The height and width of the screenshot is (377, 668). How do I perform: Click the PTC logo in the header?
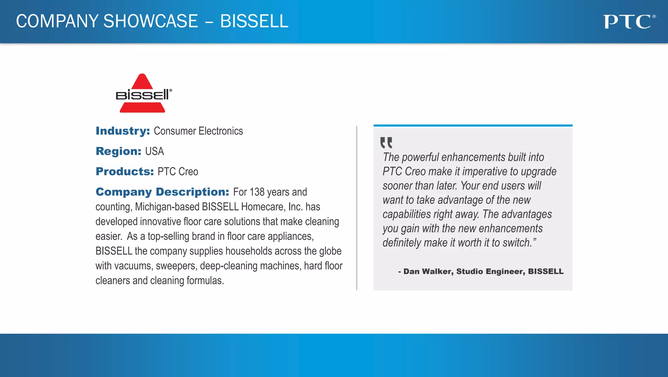629,22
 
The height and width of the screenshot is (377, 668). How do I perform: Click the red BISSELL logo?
143,94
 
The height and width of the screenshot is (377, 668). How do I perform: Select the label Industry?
123,131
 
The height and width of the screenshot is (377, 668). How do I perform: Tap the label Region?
118,151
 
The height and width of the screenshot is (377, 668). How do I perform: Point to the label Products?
125,171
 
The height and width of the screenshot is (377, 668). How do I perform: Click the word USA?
155,151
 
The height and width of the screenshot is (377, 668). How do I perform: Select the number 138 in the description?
257,192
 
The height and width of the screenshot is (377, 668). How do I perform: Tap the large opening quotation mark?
386,143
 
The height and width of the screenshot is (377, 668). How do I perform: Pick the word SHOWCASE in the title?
151,21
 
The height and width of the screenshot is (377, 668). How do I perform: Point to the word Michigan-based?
167,207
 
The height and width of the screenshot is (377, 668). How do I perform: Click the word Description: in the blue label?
192,192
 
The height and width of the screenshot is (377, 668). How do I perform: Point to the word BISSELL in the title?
254,21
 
